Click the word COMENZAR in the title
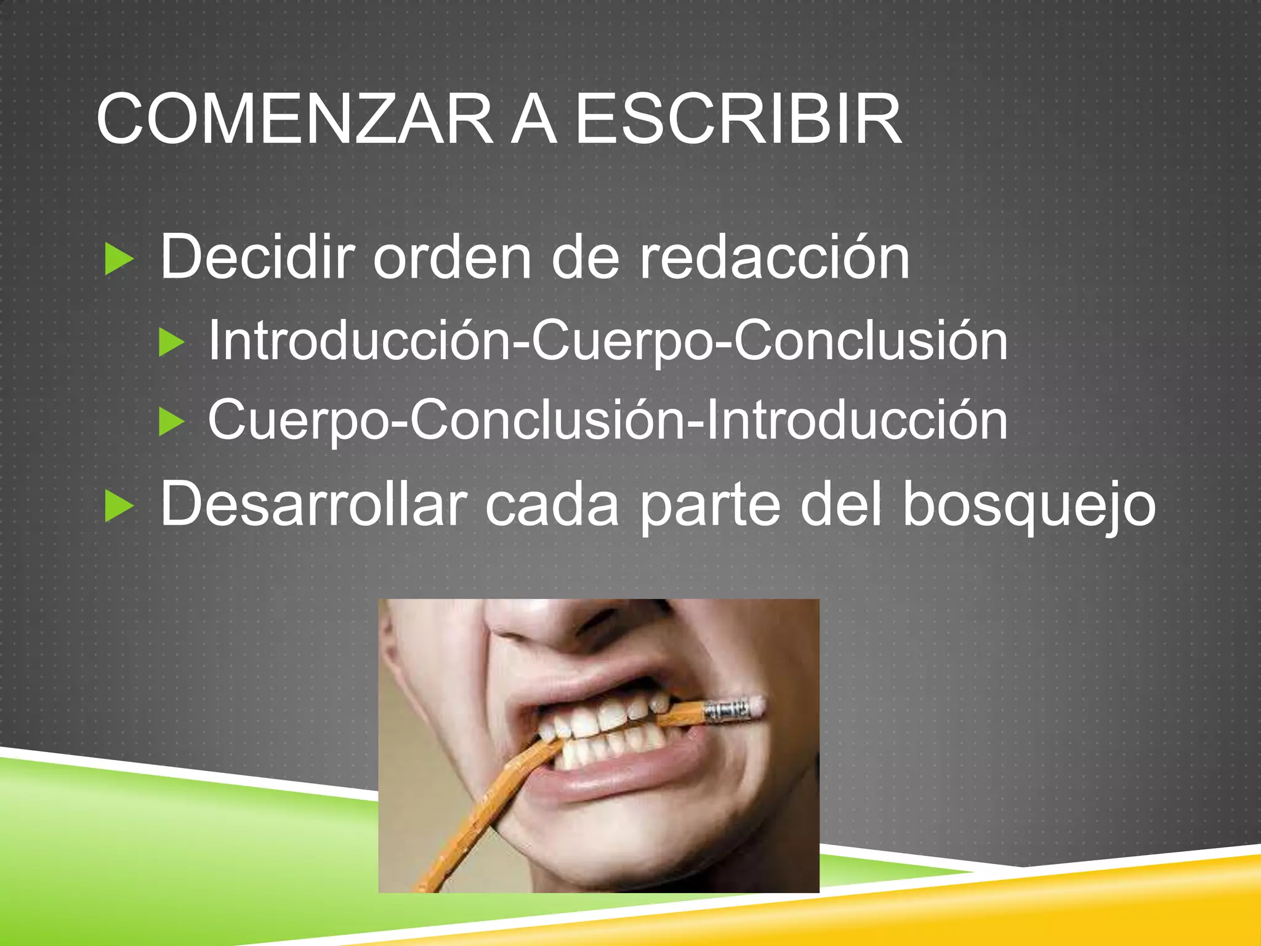click(x=294, y=119)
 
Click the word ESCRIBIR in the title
click(x=738, y=119)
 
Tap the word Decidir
click(x=257, y=257)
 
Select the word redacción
click(x=774, y=257)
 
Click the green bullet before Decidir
click(x=119, y=259)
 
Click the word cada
click(x=552, y=505)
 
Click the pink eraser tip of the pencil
click(x=756, y=706)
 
